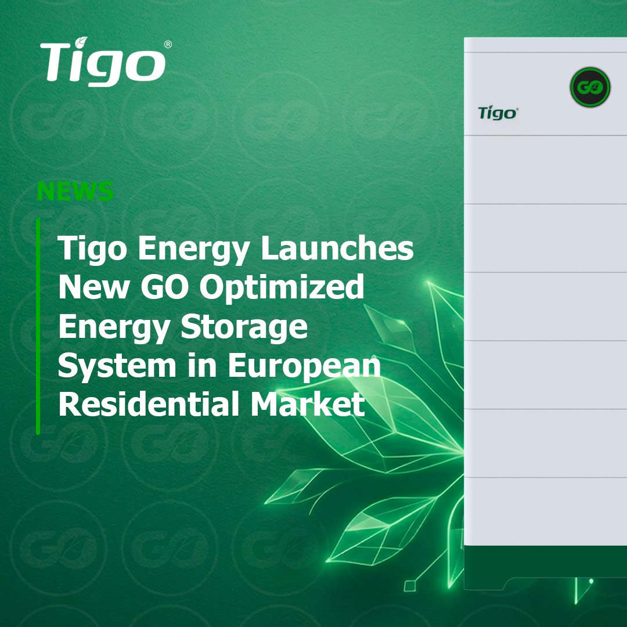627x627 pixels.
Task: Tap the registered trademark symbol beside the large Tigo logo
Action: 168,45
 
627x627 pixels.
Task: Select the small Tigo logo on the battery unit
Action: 497,113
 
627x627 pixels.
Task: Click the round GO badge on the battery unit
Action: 589,88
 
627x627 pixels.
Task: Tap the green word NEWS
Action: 75,192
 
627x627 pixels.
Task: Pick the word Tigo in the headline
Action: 93,250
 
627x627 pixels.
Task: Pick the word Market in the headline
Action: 308,405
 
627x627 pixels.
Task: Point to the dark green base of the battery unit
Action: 546,561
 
